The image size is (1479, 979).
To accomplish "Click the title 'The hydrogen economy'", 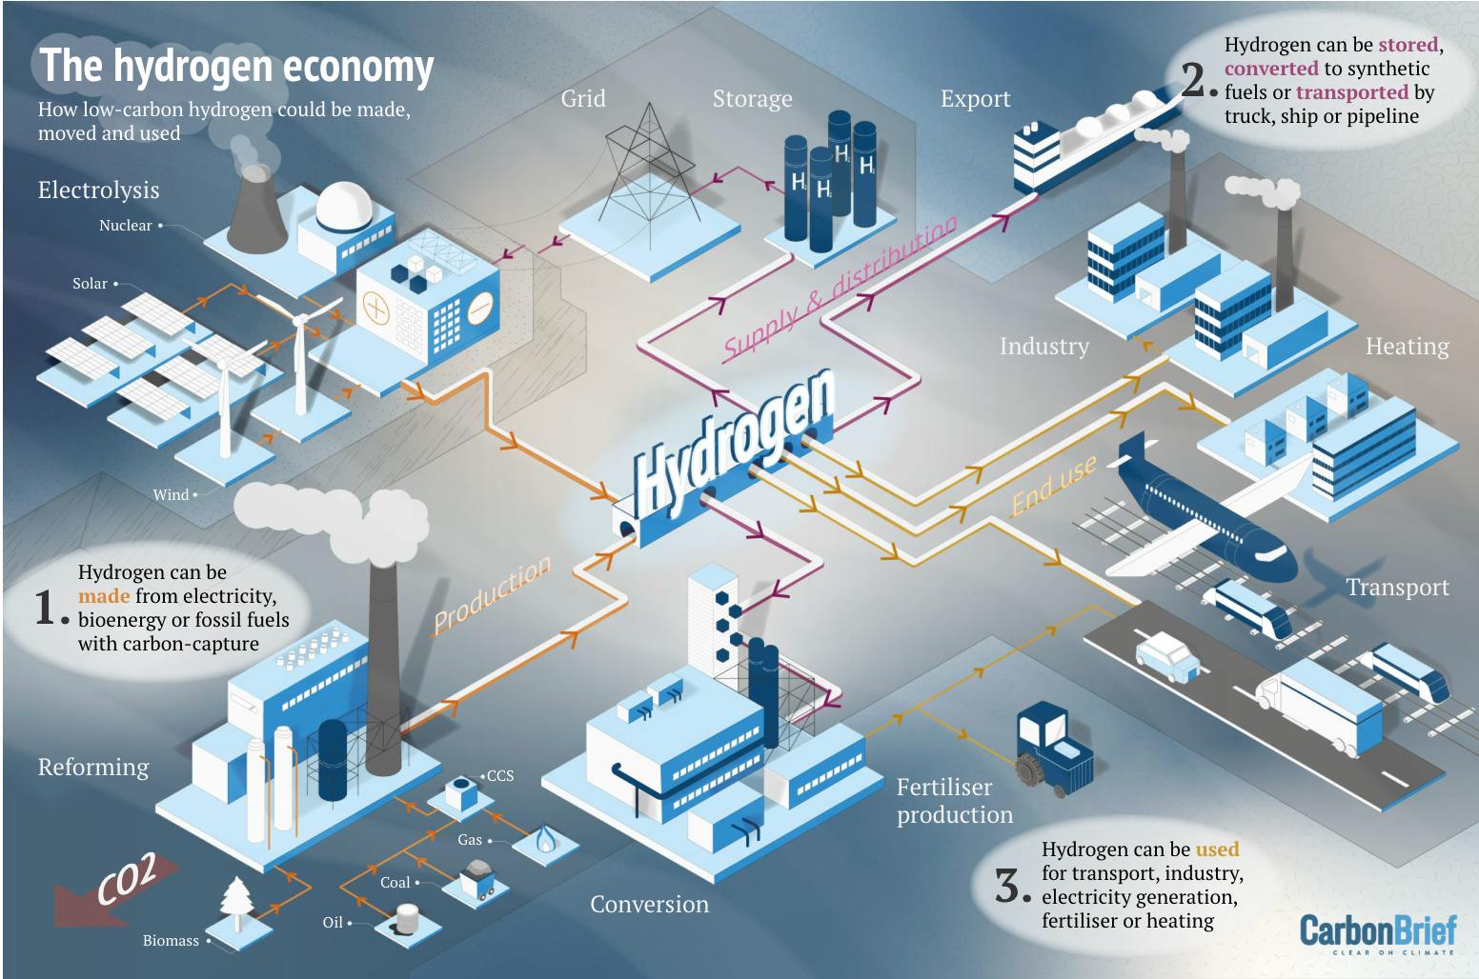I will tap(236, 67).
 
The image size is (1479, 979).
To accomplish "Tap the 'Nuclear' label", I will tap(125, 226).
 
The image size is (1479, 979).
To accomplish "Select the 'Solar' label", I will tap(90, 284).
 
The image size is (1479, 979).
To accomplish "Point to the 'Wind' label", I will tap(171, 494).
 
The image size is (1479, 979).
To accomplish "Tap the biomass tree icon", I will tap(235, 901).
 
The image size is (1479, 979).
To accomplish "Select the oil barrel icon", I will tap(407, 919).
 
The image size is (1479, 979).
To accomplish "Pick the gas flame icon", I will tap(545, 838).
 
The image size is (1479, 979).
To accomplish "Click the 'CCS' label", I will tap(500, 776).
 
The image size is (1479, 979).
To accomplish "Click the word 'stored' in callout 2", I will tap(1408, 45).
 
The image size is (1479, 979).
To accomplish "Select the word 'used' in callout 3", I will tap(1217, 849).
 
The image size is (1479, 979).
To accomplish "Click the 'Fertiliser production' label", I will tap(954, 801).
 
